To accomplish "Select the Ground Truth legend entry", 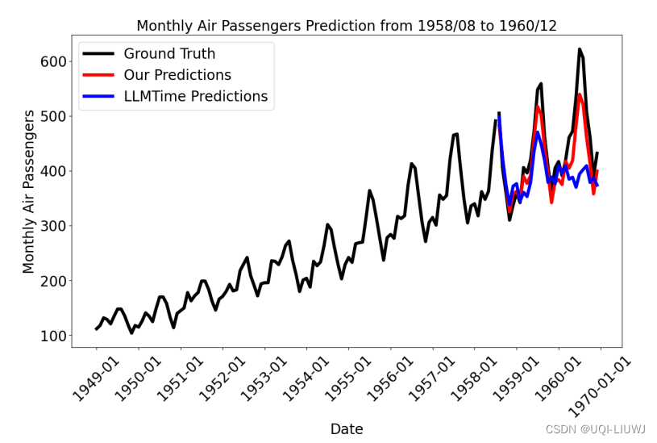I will tap(169, 54).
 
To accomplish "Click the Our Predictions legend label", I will tap(177, 75).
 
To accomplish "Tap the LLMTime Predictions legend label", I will tap(195, 96).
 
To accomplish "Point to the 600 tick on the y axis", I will tap(53, 61).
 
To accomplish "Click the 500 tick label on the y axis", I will tap(53, 116).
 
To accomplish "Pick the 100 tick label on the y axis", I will tap(53, 335).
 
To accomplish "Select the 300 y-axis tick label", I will tap(53, 226).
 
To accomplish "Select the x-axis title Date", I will tap(347, 429).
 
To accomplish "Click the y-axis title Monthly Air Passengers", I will tap(29, 192).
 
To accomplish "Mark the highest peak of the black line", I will tap(580, 49).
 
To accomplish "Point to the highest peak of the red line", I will tap(580, 94).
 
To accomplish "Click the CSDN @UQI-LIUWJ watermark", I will tap(595, 429).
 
